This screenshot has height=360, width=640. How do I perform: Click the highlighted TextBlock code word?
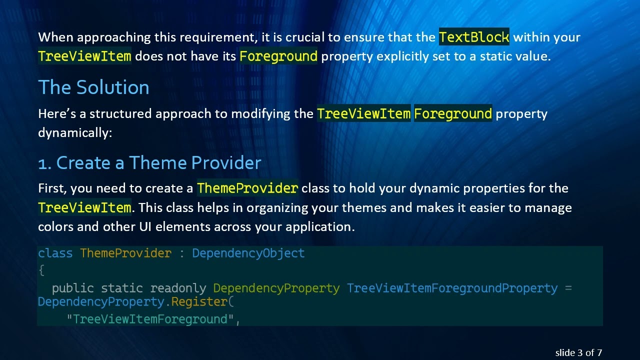coord(474,37)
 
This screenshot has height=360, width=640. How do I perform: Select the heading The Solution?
coord(93,87)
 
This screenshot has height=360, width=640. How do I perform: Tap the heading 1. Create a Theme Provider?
coord(149,163)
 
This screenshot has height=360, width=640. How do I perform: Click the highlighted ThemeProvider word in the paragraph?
coord(247,188)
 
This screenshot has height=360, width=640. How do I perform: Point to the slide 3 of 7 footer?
coord(578,352)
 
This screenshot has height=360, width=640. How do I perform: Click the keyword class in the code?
coord(55,253)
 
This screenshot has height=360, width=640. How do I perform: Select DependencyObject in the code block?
coord(248,253)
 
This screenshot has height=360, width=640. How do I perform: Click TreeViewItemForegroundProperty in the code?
coord(452,288)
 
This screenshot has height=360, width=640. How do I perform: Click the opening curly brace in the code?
coord(41,270)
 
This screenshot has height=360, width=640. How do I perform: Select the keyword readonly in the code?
coord(178,288)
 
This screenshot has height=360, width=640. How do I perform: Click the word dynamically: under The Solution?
coord(75,133)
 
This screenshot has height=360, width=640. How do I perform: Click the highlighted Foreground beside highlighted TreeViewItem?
coord(452,114)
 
